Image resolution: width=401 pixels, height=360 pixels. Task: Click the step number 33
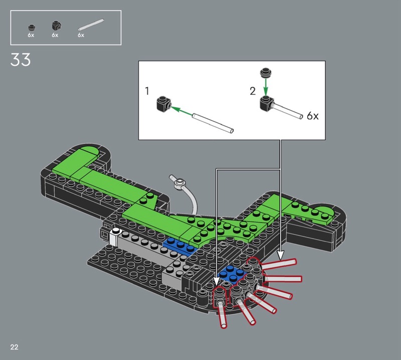21,60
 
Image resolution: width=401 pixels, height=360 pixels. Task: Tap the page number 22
15,347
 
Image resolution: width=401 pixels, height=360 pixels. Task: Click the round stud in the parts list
32,28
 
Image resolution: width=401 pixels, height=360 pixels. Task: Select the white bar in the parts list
91,24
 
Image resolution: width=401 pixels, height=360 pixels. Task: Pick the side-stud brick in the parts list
57,26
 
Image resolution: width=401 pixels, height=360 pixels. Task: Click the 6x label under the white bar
81,35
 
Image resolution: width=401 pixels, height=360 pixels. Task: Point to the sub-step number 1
147,91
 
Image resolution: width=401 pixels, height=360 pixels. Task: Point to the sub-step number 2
253,91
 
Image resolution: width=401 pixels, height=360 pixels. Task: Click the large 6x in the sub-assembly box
312,116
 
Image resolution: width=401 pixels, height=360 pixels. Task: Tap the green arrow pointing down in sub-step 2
266,87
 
